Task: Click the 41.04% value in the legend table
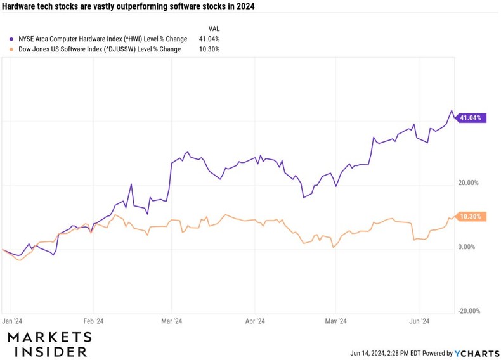coord(209,39)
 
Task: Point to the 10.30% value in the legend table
coord(209,49)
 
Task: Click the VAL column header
coord(214,29)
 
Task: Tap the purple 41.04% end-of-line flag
coord(471,118)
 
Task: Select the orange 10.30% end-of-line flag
coord(471,217)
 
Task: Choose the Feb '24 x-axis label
coord(93,321)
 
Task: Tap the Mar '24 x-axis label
coord(171,321)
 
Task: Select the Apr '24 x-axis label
coord(254,321)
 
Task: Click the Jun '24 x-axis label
coord(420,321)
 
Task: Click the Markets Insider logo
coord(49,344)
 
